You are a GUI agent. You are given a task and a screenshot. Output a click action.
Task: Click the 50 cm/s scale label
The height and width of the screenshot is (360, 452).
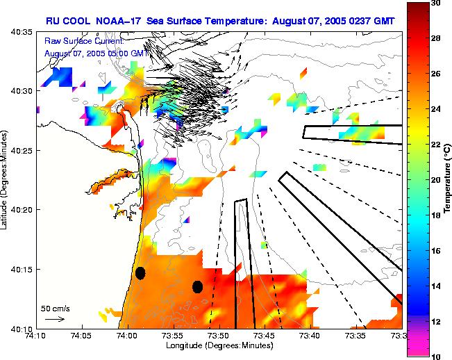click(x=55, y=308)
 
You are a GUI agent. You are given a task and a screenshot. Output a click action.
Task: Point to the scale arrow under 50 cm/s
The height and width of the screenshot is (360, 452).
click(x=54, y=319)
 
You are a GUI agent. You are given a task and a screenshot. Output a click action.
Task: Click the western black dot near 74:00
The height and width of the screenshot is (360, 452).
click(x=140, y=273)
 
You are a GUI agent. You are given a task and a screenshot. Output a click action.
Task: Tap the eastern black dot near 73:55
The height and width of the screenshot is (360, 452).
click(x=197, y=286)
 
